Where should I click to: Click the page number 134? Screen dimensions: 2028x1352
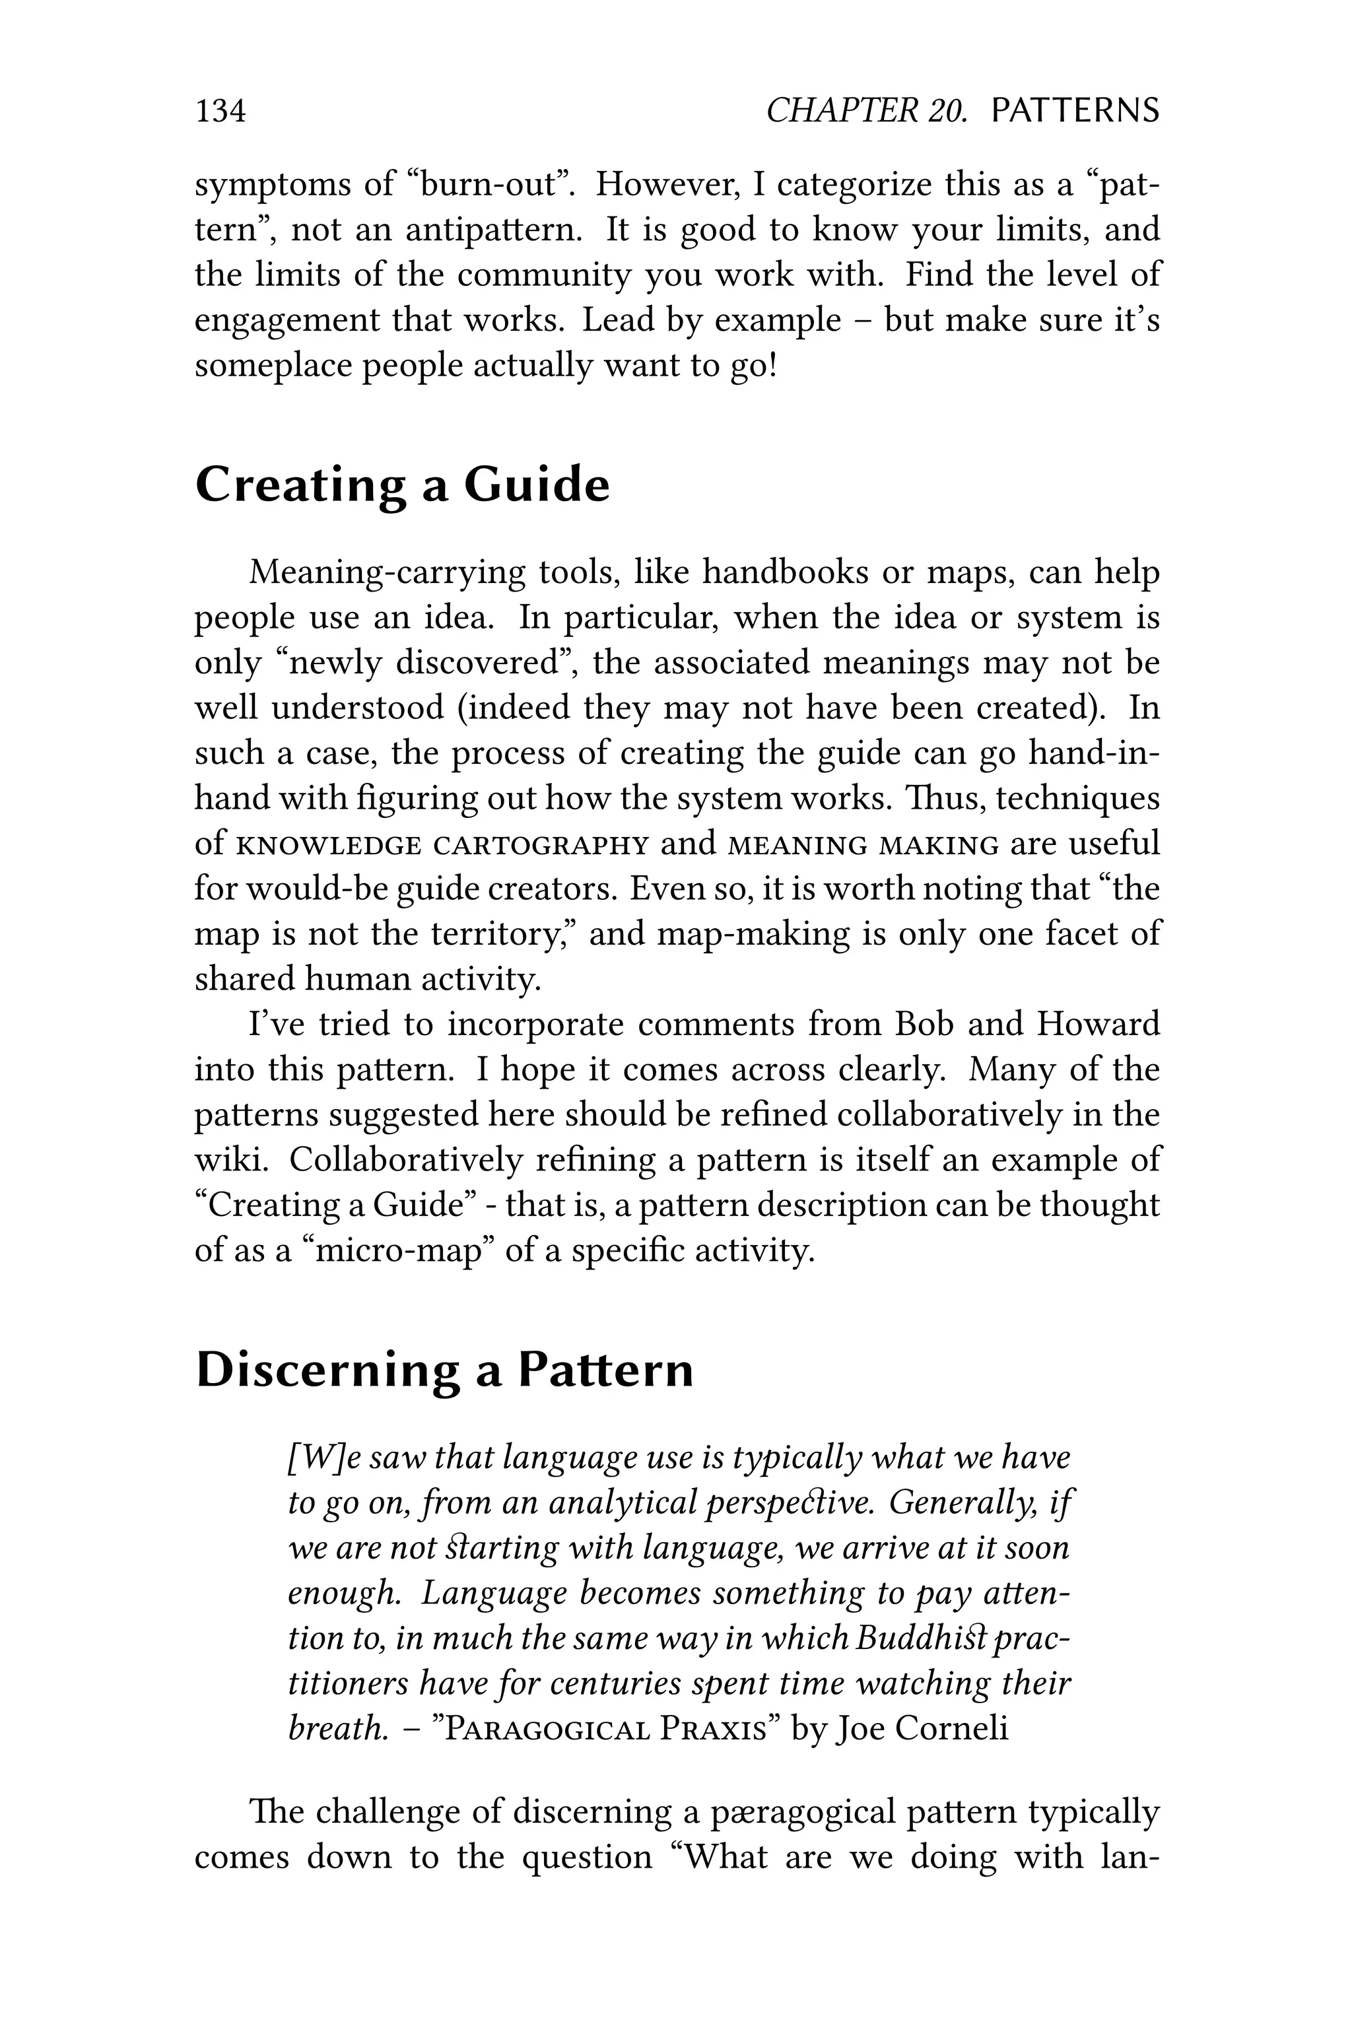pyautogui.click(x=220, y=111)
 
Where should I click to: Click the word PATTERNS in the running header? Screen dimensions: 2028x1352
pyautogui.click(x=1075, y=111)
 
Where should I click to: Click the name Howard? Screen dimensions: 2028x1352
pyautogui.click(x=1098, y=1025)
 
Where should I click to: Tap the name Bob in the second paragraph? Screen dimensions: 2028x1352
pyautogui.click(x=925, y=1025)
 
